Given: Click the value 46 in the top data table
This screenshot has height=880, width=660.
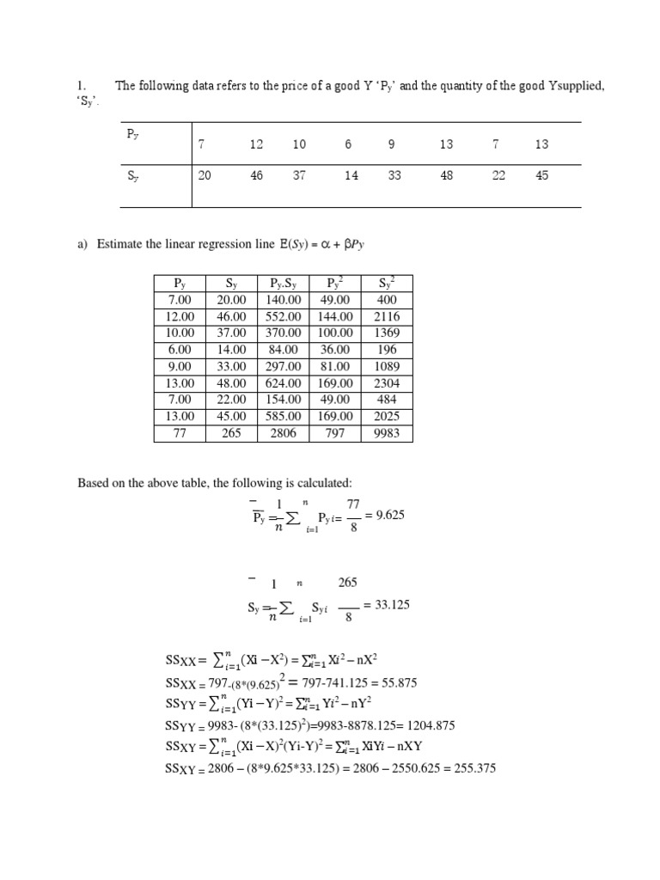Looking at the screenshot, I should (257, 175).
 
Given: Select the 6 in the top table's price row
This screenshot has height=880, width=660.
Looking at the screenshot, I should (348, 144).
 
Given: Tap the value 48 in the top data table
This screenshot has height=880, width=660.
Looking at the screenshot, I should (446, 175).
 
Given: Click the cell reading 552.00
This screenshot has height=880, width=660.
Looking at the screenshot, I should (283, 316).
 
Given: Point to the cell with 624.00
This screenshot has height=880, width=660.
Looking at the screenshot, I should (283, 383).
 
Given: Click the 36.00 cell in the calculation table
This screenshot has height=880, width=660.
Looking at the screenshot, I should (334, 350).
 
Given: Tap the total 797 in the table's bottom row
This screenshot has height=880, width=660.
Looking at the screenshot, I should (334, 433).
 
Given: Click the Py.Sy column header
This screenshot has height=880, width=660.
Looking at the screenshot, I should (283, 283).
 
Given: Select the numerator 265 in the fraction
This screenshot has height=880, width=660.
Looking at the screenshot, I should (347, 583).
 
